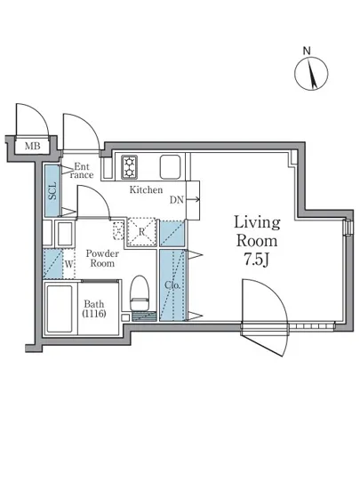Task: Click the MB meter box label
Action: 32,146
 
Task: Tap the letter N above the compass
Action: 307,51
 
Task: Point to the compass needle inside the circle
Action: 312,74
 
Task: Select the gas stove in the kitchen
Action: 130,167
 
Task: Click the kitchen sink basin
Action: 170,167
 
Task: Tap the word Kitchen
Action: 146,189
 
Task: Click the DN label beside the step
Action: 176,200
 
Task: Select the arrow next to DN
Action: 193,199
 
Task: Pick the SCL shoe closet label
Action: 53,191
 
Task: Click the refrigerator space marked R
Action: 141,232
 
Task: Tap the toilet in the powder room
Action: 140,293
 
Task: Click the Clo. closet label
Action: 172,285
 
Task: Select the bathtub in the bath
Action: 60,309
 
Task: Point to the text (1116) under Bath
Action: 94,314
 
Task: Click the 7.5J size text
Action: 256,260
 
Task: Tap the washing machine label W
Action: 69,265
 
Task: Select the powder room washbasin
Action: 65,234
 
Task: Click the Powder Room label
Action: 102,258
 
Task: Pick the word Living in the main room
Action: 257,223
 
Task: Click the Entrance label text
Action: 82,171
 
